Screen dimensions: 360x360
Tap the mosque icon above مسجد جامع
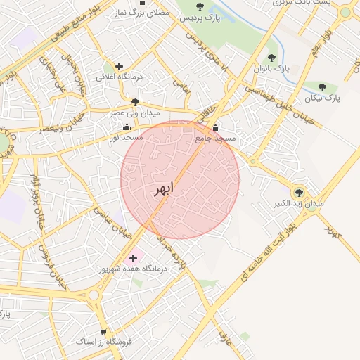point(215,128)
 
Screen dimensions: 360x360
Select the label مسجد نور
point(127,138)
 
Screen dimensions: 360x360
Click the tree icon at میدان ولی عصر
point(135,102)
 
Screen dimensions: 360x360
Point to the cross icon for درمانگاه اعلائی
point(119,66)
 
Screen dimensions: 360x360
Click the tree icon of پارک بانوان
point(271,58)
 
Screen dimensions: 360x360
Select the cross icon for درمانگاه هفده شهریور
point(134,258)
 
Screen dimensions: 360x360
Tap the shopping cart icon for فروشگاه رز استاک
point(103,332)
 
